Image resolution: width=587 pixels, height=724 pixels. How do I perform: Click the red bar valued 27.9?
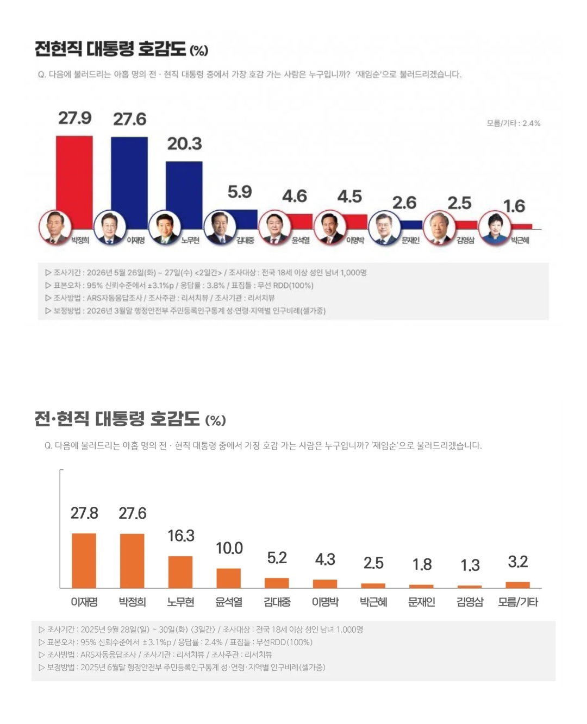point(74,182)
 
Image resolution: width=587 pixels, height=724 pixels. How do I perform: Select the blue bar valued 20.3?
point(184,196)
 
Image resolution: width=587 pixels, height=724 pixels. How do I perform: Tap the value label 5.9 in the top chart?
point(240,192)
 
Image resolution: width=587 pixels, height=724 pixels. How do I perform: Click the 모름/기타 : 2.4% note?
point(513,123)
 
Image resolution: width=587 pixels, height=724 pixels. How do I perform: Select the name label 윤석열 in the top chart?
point(301,240)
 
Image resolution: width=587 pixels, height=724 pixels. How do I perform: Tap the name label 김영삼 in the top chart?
point(465,240)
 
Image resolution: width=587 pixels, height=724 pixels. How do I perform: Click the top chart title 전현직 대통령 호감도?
point(110,48)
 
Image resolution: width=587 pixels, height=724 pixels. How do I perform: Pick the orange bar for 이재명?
point(84,561)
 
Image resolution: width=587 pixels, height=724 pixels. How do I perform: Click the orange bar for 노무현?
point(180,572)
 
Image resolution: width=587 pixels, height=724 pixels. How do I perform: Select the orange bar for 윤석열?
point(228,578)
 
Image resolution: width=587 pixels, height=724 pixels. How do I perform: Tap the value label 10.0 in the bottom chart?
point(229,548)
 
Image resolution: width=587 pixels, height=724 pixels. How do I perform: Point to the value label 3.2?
point(518,562)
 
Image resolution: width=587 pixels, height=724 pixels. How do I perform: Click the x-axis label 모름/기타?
point(518,602)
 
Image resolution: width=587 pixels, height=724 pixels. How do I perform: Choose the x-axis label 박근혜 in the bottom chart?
point(373,602)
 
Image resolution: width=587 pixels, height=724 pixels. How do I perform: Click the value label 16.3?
point(181,536)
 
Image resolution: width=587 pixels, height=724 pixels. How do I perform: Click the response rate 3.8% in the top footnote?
point(216,285)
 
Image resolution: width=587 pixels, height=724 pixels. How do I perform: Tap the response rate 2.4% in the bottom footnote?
point(213,642)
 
